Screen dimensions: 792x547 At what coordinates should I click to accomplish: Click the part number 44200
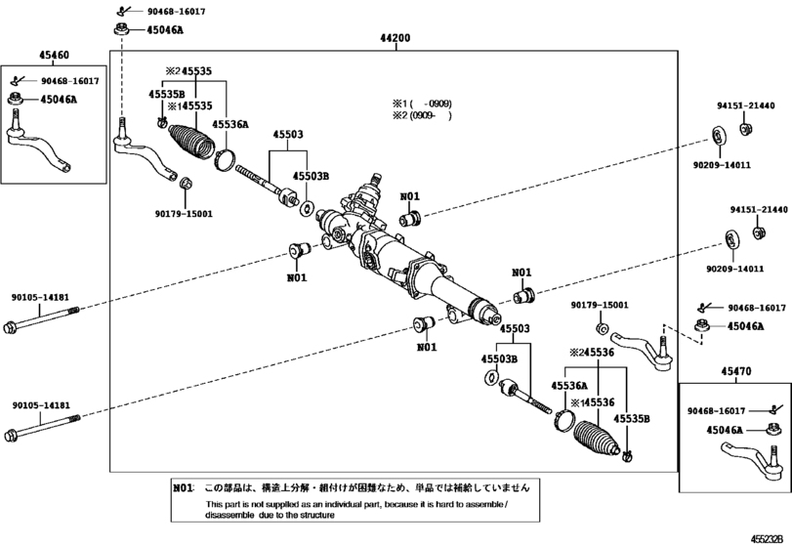(395, 38)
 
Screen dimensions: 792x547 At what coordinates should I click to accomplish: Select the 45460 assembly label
(54, 55)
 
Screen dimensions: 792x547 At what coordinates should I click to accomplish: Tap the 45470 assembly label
(736, 371)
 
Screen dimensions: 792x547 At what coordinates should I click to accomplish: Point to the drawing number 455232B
(770, 538)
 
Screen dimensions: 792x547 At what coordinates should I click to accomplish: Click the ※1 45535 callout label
(190, 106)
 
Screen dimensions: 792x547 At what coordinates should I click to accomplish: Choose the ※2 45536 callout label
(592, 353)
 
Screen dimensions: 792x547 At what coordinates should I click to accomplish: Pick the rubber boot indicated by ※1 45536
(597, 438)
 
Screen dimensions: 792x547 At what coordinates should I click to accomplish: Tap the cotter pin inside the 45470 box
(772, 408)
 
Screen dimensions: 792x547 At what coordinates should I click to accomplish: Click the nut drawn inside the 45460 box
(17, 99)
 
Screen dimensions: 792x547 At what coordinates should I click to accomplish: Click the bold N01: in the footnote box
(184, 488)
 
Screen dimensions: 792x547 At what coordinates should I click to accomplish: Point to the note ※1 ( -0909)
(422, 104)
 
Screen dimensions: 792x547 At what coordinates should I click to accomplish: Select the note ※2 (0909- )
(422, 115)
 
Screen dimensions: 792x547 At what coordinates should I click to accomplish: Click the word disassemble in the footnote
(229, 515)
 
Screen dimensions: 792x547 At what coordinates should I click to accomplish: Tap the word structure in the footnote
(317, 515)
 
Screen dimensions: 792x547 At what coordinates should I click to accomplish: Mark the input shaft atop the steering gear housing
(375, 180)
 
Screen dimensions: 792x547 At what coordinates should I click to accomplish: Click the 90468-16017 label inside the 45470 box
(716, 411)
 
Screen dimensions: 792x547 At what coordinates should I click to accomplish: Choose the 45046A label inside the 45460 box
(59, 99)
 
